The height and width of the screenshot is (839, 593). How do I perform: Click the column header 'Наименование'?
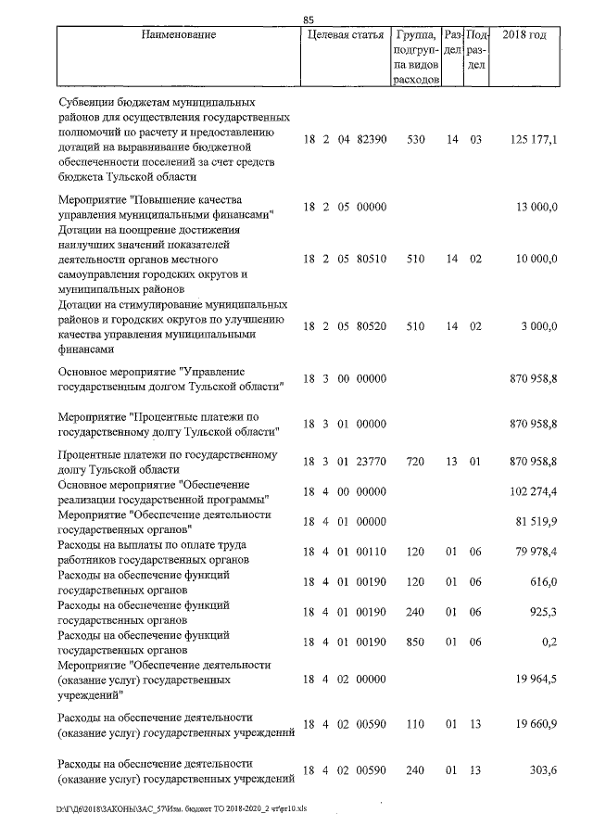(179, 35)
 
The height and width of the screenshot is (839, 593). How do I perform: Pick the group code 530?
(416, 139)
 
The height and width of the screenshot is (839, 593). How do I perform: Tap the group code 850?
(416, 641)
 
